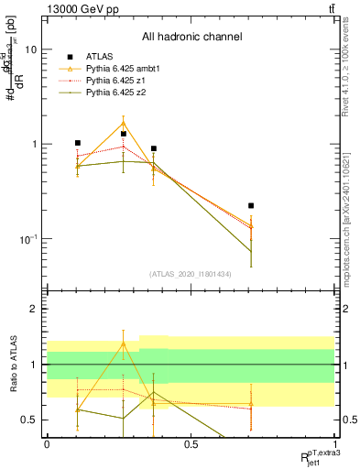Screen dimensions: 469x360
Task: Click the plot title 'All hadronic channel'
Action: [x=191, y=37]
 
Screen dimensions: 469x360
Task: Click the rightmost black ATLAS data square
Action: [x=251, y=206]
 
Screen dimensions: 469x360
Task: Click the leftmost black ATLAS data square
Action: [x=78, y=143]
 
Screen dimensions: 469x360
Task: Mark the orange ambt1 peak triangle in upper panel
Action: [x=124, y=123]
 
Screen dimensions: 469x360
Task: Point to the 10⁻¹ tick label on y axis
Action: [x=29, y=239]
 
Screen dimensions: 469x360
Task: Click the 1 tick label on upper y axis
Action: [x=35, y=145]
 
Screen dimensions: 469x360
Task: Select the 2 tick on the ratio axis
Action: [x=35, y=310]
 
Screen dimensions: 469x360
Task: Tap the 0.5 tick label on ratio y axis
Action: [x=30, y=420]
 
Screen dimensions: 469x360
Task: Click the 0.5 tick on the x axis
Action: [x=191, y=445]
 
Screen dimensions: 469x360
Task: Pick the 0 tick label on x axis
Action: [x=47, y=445]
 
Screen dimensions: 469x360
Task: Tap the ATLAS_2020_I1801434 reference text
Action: [x=191, y=274]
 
